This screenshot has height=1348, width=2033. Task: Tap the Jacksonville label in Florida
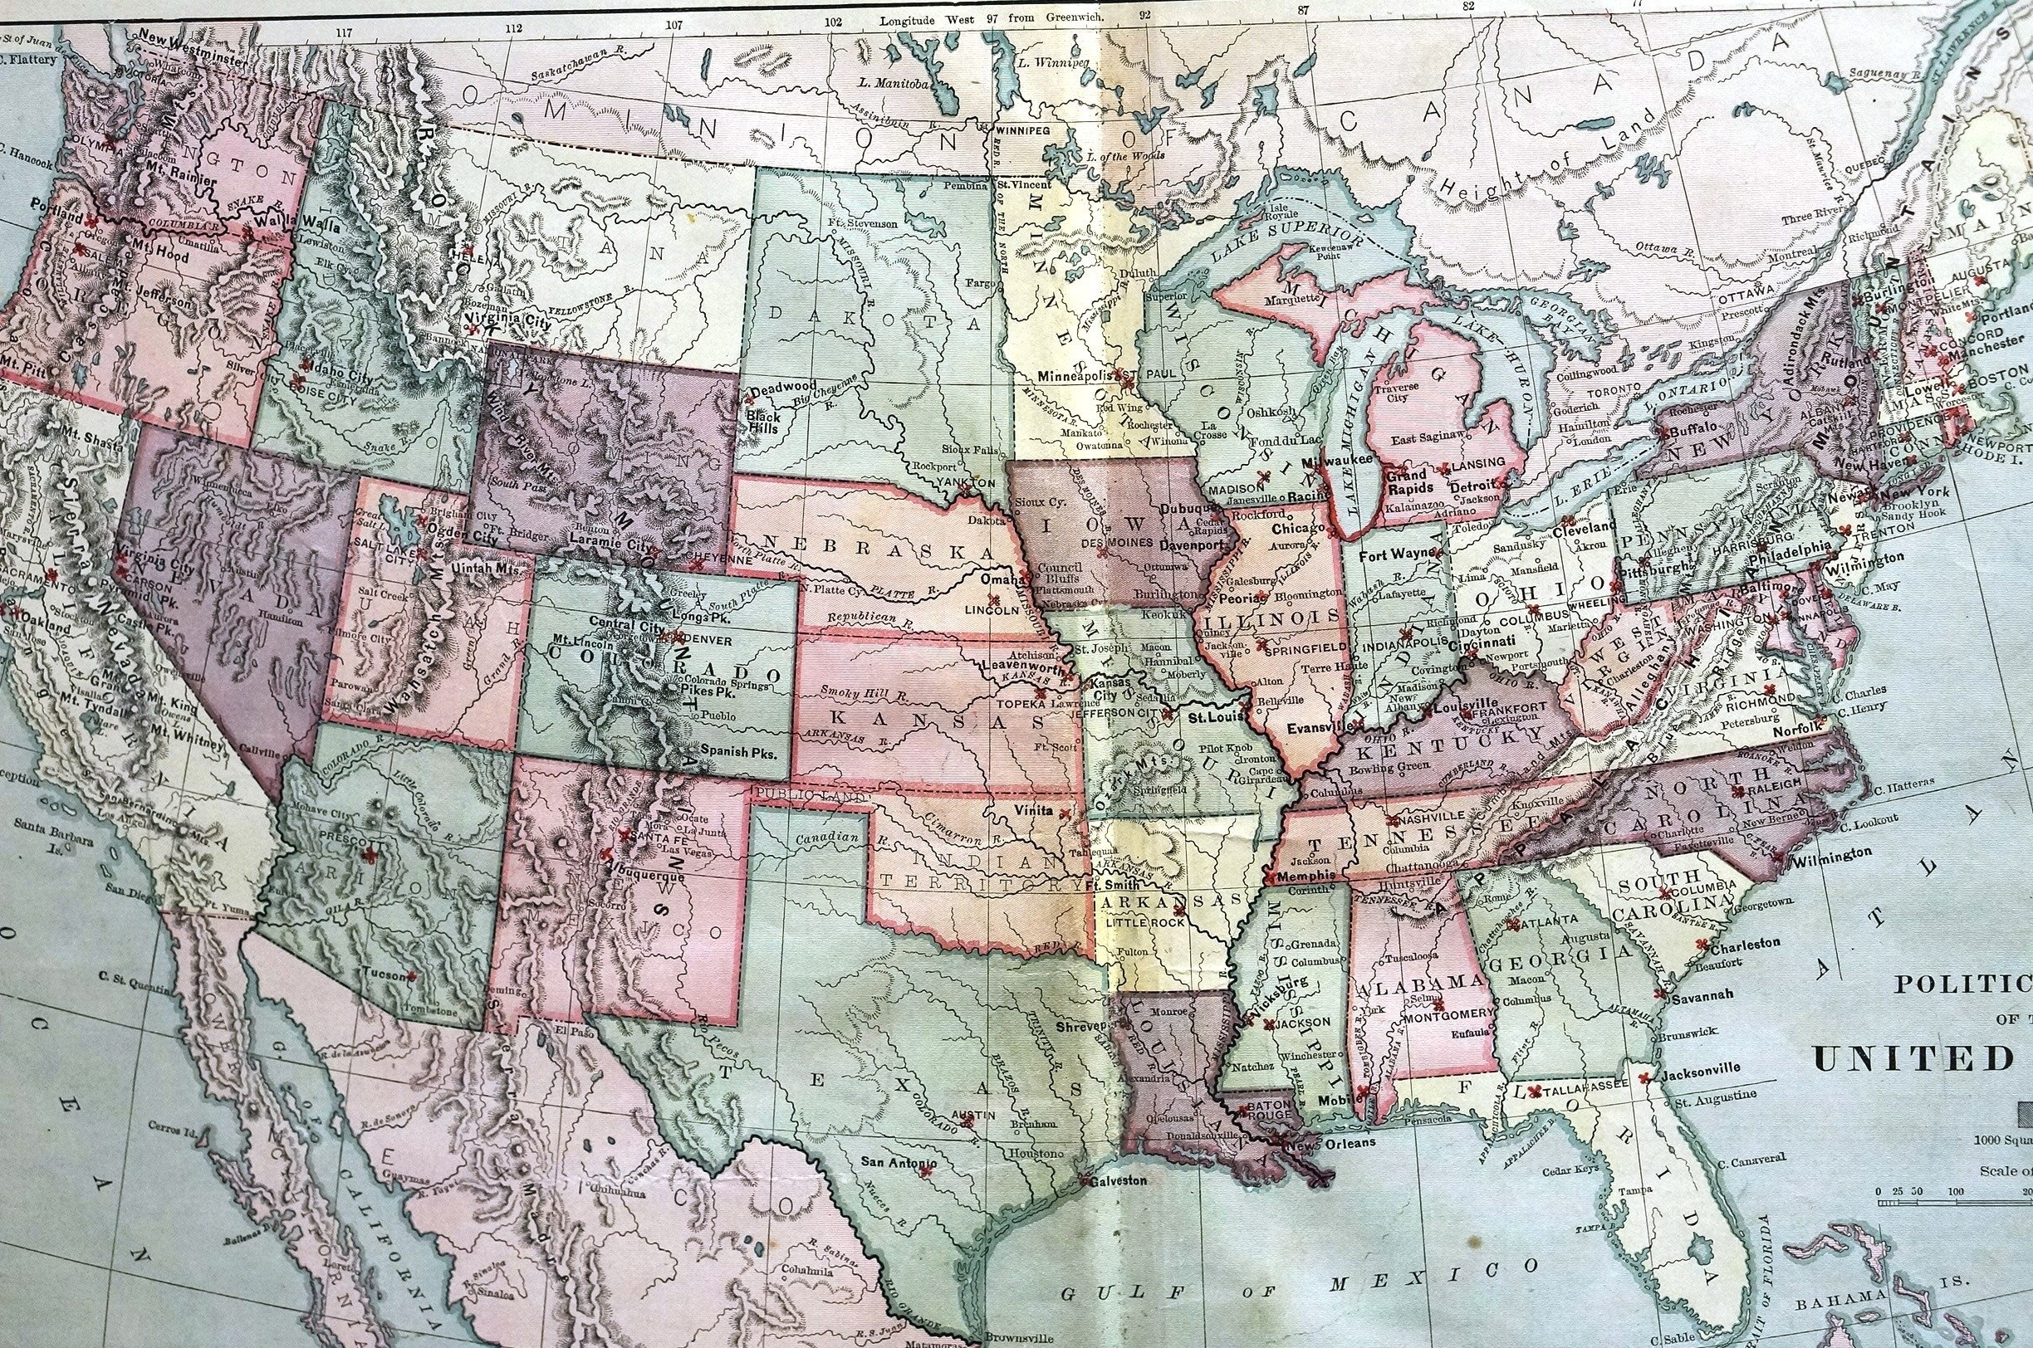pyautogui.click(x=1700, y=1068)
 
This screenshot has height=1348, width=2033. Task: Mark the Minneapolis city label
pyautogui.click(x=1074, y=377)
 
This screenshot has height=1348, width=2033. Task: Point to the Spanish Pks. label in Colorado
pyautogui.click(x=739, y=750)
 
